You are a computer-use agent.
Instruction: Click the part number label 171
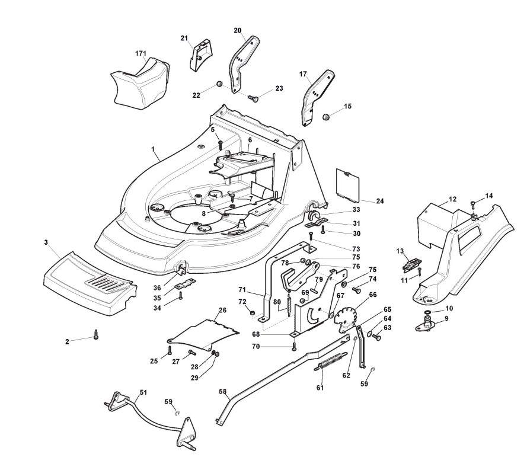141,53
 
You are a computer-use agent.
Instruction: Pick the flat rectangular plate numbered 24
348,185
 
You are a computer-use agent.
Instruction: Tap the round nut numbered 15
325,117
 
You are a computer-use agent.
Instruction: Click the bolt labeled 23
254,98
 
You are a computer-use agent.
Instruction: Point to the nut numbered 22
219,84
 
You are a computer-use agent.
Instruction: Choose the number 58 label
222,391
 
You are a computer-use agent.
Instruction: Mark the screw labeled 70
295,347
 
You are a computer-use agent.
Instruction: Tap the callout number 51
143,392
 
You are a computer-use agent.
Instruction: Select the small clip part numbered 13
411,264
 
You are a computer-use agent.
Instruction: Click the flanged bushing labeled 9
426,325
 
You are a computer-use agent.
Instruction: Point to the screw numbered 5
221,145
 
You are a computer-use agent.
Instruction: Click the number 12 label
453,199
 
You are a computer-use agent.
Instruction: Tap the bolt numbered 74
357,289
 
